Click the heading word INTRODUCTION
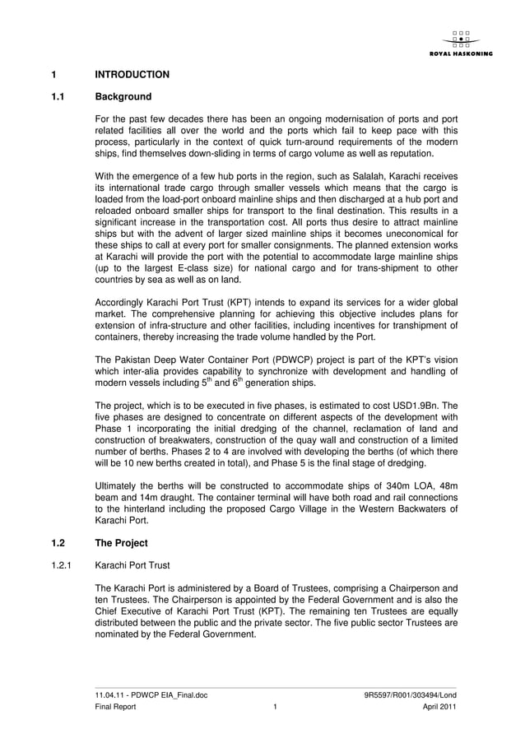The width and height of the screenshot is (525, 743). pos(132,75)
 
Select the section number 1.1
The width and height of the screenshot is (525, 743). pos(58,97)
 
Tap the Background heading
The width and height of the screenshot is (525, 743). pos(123,97)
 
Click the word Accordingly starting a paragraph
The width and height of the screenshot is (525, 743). pos(122,300)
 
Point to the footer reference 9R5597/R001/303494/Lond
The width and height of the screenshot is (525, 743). pos(410,695)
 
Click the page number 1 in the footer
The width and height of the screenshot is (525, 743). pos(275,707)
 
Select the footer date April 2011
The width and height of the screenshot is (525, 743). pos(439,707)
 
